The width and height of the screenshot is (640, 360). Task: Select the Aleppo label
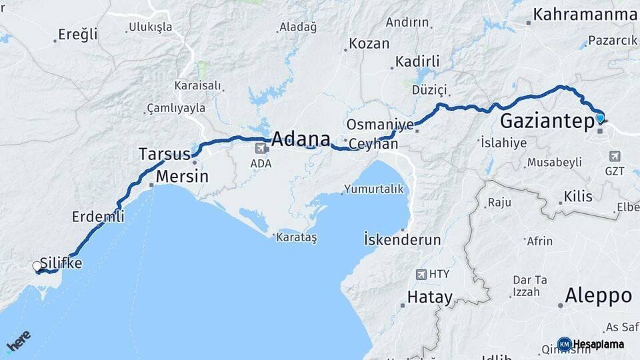pos(598,295)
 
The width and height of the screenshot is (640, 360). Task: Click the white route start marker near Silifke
pos(37,267)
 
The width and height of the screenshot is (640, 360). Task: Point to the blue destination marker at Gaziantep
pos(600,119)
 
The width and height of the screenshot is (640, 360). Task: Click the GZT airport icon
pos(615,156)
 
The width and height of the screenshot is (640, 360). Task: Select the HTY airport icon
pos(421,274)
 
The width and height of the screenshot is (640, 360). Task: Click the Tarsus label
pos(164,154)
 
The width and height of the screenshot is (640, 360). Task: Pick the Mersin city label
pos(181,177)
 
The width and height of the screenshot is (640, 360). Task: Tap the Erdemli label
pos(98,217)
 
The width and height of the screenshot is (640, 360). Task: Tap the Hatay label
pos(430,297)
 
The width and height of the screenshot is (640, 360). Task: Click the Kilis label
pos(578,197)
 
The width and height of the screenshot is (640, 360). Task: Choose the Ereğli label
pos(78,34)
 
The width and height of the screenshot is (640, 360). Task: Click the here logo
pos(18,341)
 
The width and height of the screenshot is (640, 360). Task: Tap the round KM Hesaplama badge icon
pos(564,344)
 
